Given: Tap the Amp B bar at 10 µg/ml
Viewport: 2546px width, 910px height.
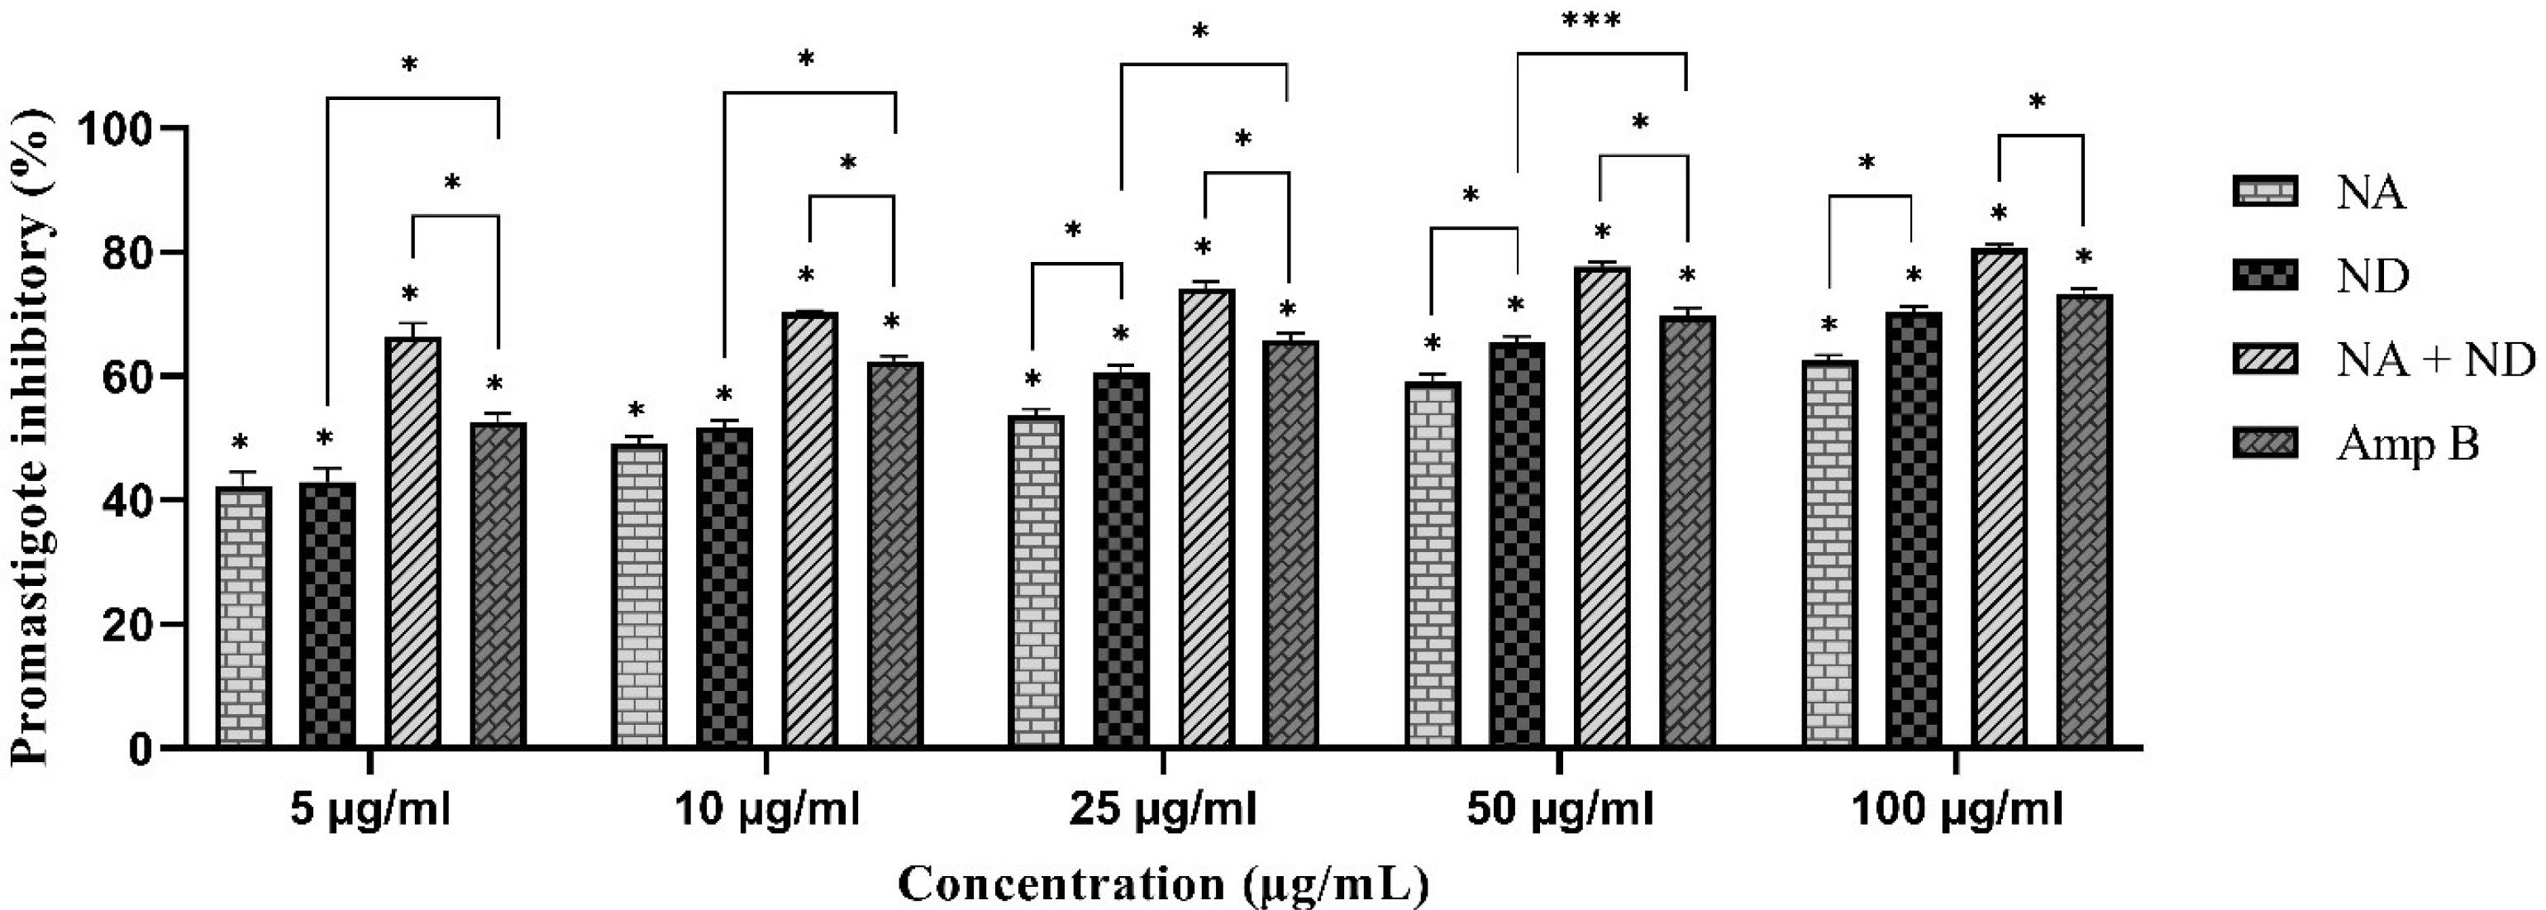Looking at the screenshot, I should [895, 553].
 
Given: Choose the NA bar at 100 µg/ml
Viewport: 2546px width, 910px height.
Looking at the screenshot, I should [1830, 553].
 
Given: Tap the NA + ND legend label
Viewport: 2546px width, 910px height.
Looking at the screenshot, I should [2436, 360].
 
